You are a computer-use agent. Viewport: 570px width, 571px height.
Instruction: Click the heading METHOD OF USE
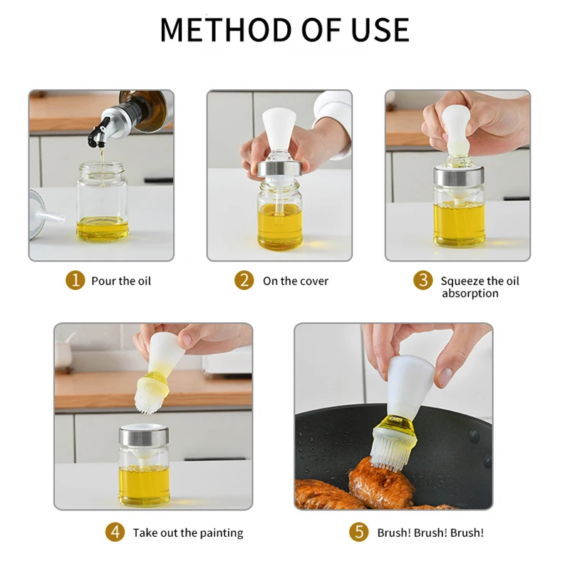[284, 29]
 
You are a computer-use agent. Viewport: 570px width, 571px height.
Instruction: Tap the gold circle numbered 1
[75, 280]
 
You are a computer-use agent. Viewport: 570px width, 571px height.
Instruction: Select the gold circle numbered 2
[244, 280]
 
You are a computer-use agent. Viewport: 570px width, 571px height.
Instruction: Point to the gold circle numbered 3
[423, 280]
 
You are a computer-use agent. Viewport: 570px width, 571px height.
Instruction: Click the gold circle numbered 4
[115, 533]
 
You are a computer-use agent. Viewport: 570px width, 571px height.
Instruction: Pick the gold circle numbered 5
[359, 533]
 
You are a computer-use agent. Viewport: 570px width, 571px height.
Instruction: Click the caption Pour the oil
[121, 281]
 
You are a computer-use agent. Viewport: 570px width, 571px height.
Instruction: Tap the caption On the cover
[296, 281]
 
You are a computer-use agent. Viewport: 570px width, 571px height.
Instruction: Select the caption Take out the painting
[188, 533]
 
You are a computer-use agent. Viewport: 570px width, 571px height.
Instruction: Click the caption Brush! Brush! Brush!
[430, 533]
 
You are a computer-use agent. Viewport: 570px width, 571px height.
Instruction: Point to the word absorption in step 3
[470, 294]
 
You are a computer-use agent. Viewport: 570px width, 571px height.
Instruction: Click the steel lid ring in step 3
[459, 175]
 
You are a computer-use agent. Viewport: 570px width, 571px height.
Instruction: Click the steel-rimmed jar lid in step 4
[144, 435]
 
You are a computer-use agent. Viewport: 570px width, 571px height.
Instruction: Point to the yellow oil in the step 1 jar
[103, 228]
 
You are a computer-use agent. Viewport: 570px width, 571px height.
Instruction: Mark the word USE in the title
[380, 29]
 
